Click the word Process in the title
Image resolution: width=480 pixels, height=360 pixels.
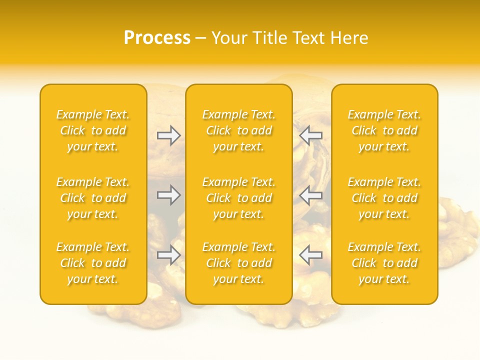[x=157, y=38]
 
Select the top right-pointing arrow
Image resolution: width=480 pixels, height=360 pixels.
[x=169, y=135]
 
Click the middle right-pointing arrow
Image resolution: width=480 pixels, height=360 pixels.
[x=169, y=195]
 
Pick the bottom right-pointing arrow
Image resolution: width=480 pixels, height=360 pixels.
[x=169, y=255]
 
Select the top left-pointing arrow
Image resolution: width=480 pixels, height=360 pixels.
[x=310, y=135]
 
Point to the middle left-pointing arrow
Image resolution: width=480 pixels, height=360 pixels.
[x=310, y=195]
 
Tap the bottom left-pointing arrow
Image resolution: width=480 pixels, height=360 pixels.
[x=310, y=255]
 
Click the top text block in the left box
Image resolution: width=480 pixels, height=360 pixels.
[x=93, y=130]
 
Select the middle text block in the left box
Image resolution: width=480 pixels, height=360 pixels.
[x=93, y=198]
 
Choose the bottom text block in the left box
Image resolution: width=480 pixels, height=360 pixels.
[x=93, y=263]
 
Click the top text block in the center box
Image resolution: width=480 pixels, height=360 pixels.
[x=239, y=130]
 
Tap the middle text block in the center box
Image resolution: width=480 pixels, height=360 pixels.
[x=239, y=198]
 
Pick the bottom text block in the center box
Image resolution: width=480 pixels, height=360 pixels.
[x=239, y=263]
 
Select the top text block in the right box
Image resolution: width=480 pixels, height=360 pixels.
[x=384, y=130]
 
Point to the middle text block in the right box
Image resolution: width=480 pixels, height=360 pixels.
[x=384, y=198]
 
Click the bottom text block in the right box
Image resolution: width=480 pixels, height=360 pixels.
[x=384, y=263]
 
